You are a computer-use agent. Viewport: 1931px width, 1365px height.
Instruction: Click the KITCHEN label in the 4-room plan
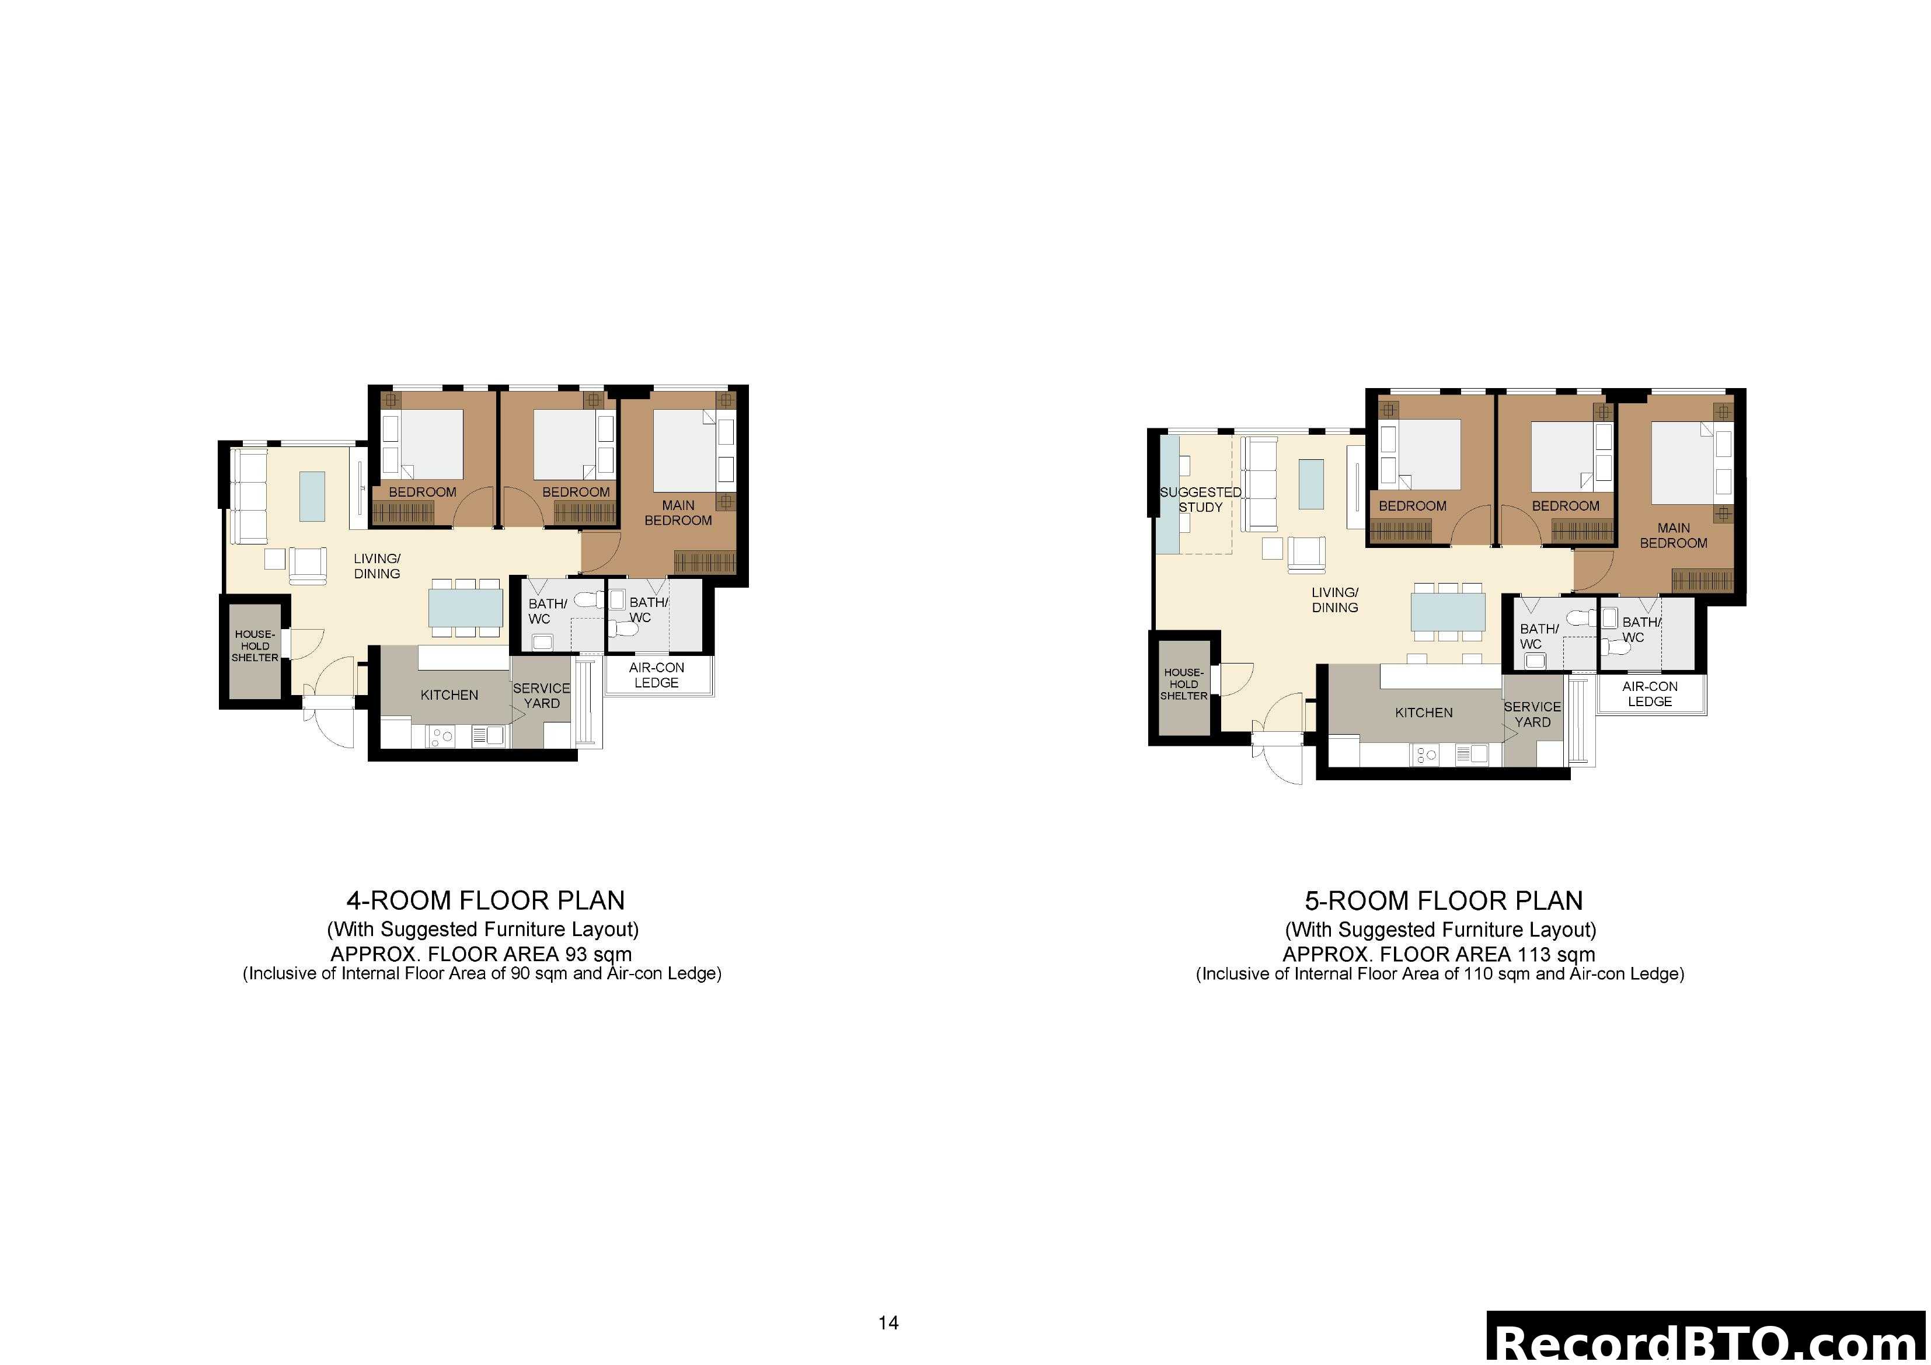[449, 694]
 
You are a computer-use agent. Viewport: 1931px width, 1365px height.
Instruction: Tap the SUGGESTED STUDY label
[1200, 500]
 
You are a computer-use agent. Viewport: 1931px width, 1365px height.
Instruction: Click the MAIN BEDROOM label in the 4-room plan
[678, 513]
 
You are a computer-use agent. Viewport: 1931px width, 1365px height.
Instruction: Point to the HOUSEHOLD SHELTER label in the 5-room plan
[1183, 684]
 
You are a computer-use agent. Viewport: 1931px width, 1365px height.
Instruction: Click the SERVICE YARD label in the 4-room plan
[542, 696]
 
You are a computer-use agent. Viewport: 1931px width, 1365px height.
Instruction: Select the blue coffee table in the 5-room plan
[1310, 484]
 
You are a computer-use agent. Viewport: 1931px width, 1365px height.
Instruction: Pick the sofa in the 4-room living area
[248, 496]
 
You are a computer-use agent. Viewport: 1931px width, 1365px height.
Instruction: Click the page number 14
[888, 1323]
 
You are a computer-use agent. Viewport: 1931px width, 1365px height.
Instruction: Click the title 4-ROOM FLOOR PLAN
[485, 900]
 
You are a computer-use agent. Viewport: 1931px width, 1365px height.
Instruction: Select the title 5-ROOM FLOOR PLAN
[1443, 900]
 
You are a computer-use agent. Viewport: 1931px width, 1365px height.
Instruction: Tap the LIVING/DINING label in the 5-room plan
[1334, 600]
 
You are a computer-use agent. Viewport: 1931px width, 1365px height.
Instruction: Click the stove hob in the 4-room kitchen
[441, 736]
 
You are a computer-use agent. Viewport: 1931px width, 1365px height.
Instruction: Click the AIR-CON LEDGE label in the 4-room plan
[656, 675]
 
